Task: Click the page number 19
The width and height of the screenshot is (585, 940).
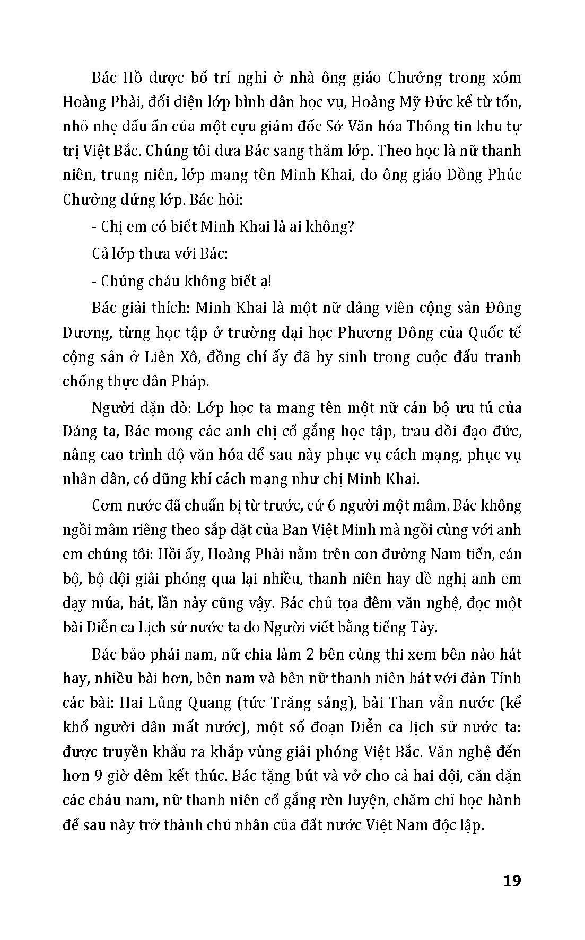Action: (511, 881)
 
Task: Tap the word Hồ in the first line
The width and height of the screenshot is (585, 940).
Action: (135, 77)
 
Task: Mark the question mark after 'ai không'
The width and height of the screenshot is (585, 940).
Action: (351, 227)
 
